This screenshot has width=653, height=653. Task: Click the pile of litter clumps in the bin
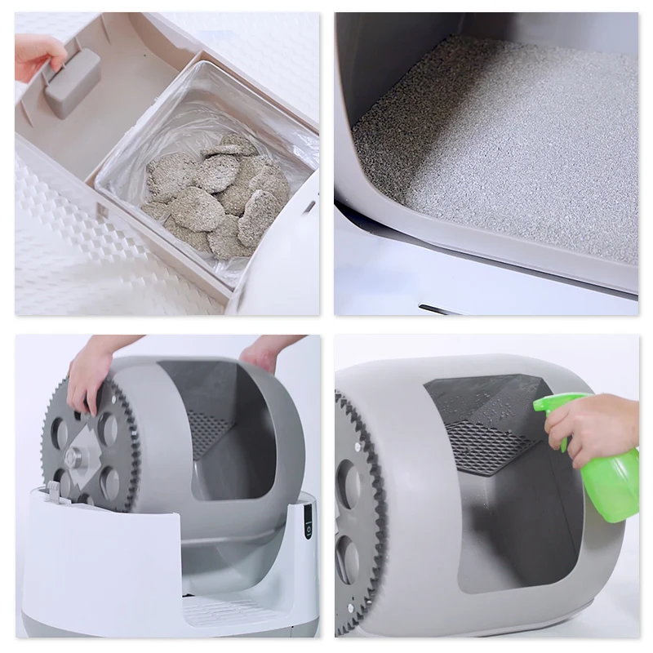click(x=209, y=193)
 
